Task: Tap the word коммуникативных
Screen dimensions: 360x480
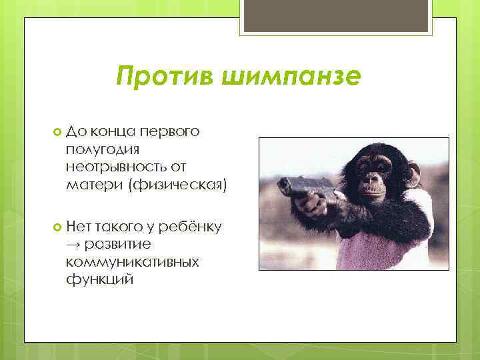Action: (133, 262)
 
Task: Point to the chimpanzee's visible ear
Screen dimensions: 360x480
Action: (413, 173)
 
